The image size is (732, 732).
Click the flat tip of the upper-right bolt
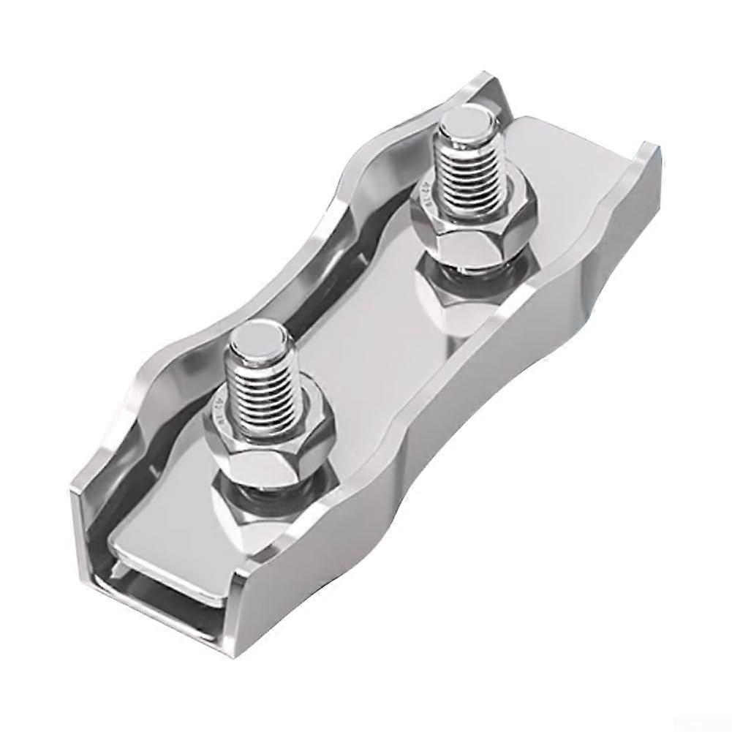click(464, 118)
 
